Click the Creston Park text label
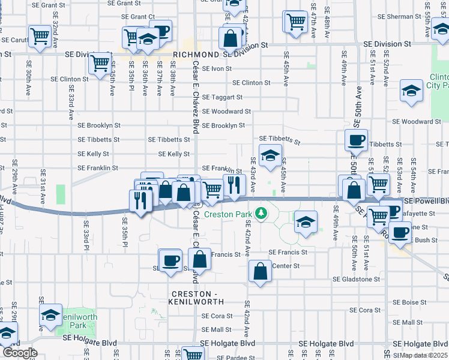pyautogui.click(x=228, y=214)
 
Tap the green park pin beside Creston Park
pyautogui.click(x=261, y=213)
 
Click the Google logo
pyautogui.click(x=20, y=353)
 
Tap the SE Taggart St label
pyautogui.click(x=222, y=97)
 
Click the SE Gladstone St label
pyautogui.click(x=357, y=280)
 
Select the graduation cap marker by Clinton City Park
pyautogui.click(x=411, y=92)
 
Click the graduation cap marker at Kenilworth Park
pyautogui.click(x=50, y=314)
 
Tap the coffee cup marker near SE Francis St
pyautogui.click(x=171, y=260)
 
